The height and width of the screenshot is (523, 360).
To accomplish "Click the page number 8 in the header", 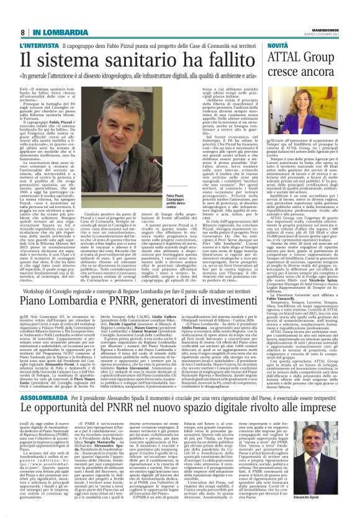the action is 22,32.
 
